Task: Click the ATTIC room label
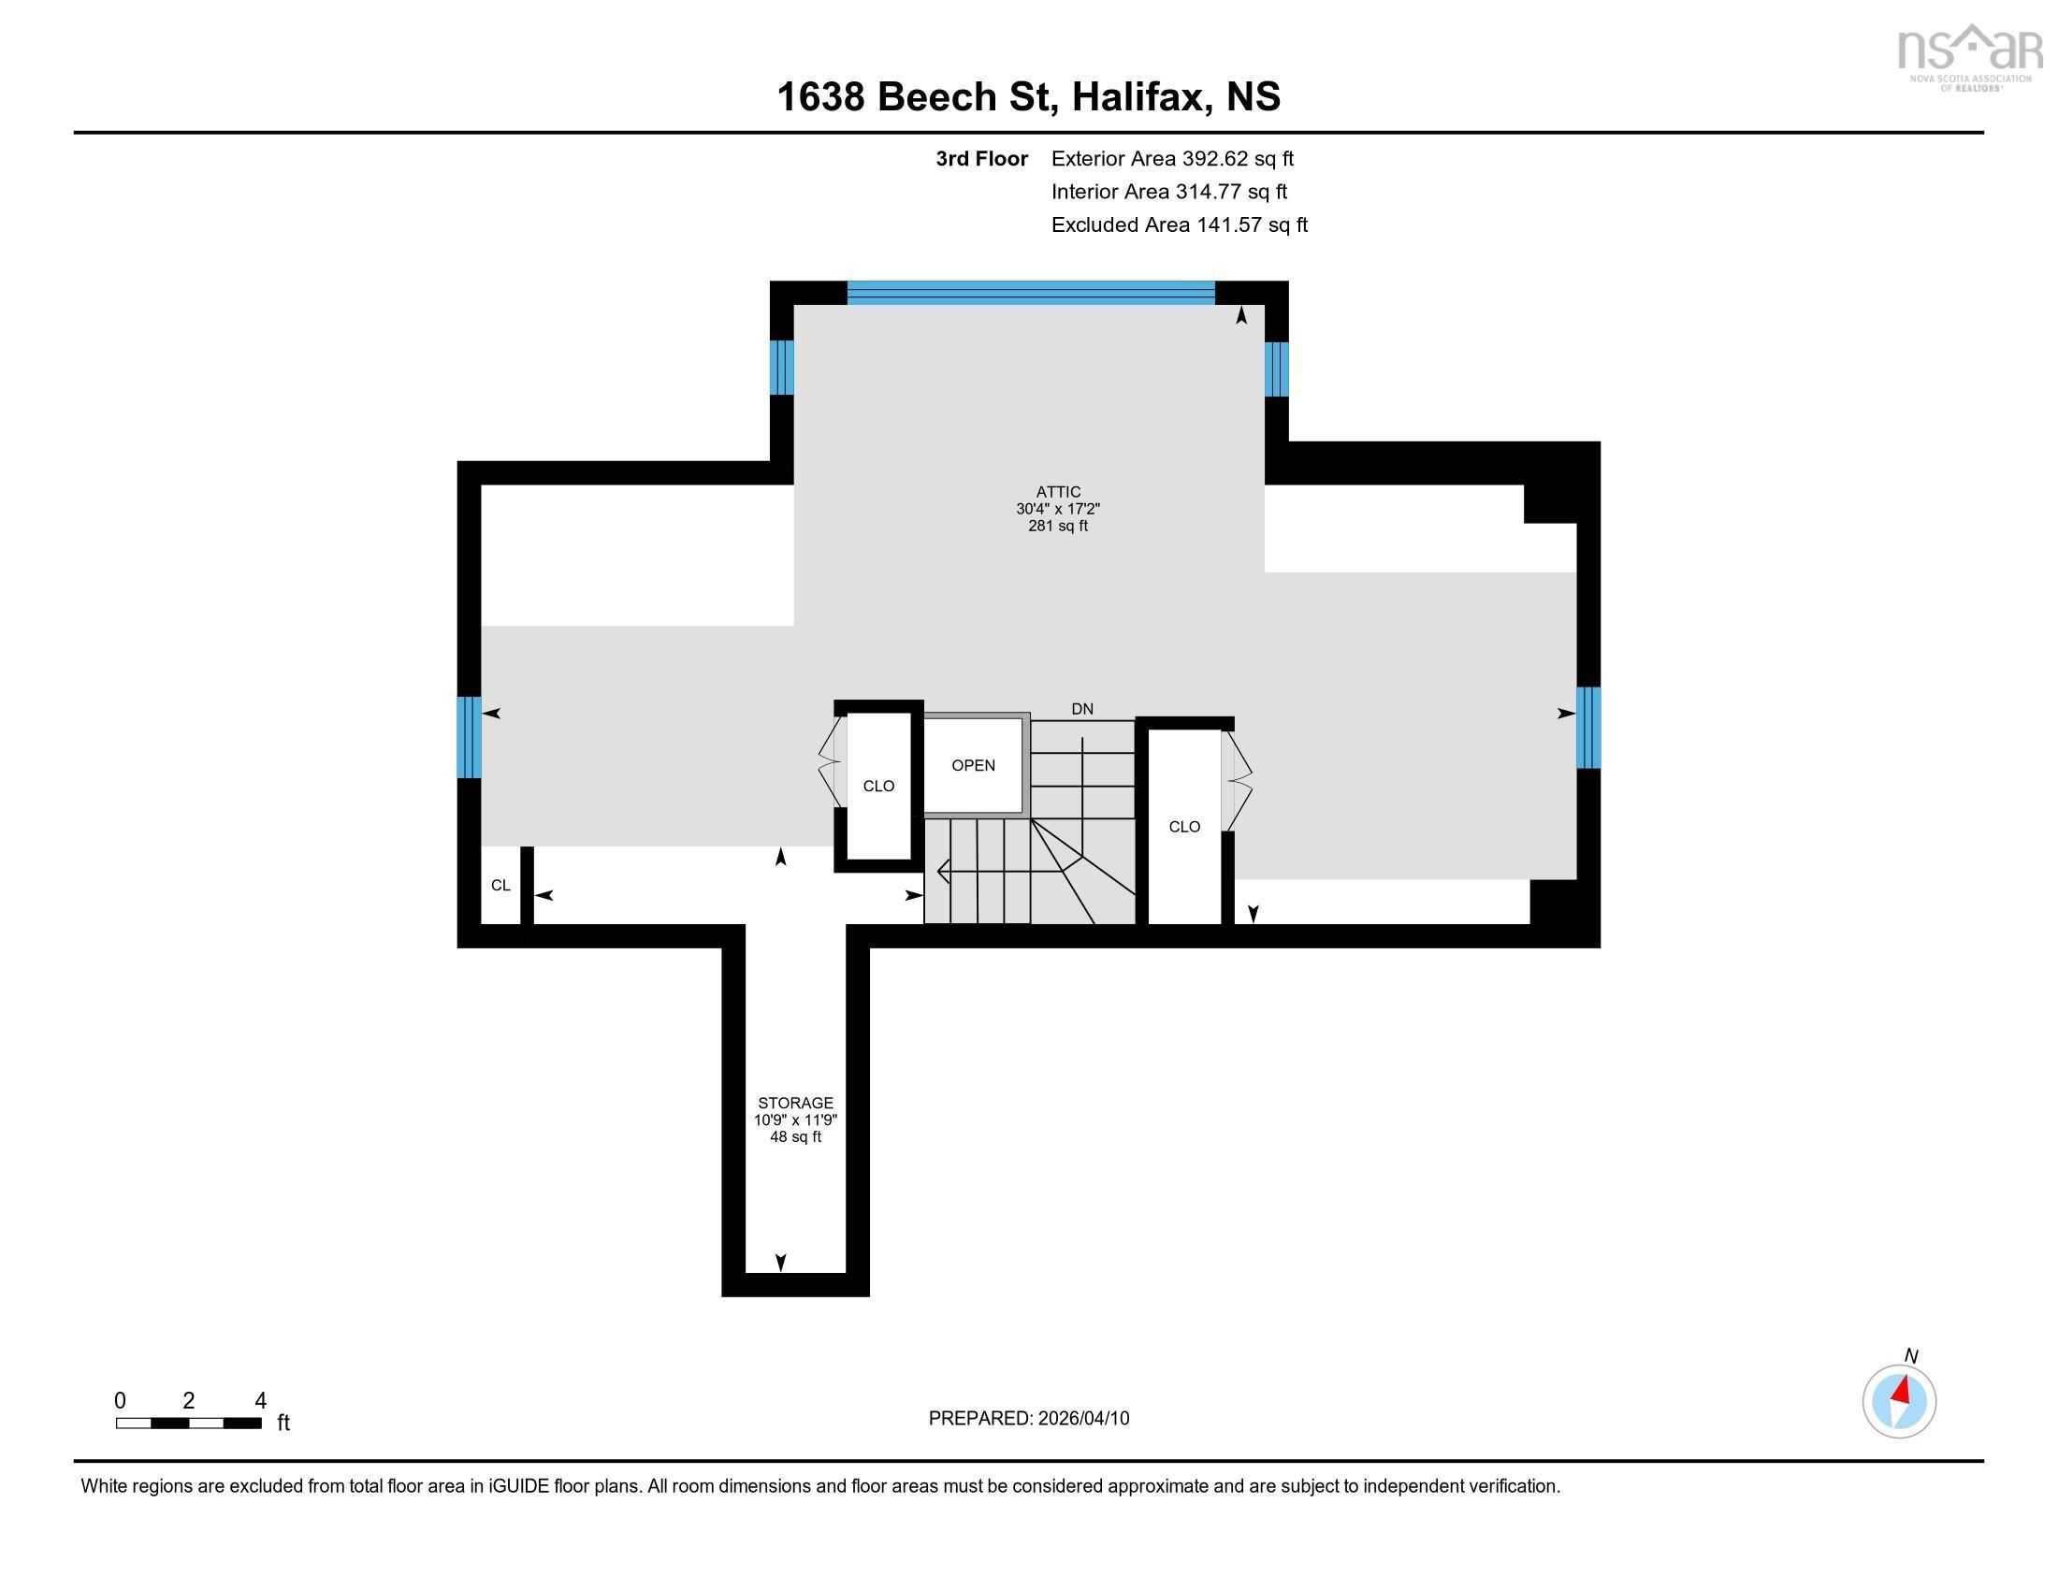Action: (1058, 492)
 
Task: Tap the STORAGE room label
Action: (795, 1103)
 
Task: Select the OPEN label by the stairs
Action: (974, 766)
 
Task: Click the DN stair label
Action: (1081, 709)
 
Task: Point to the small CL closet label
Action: (500, 886)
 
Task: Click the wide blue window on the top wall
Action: (1031, 292)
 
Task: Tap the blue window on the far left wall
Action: (469, 738)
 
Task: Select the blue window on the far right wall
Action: (1588, 727)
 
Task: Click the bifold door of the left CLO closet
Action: (830, 762)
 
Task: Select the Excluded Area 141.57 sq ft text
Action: (1180, 225)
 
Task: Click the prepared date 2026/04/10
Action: (1081, 1419)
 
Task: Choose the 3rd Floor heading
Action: (982, 158)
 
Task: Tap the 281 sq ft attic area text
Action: (1058, 526)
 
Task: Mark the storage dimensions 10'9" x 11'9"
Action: (795, 1120)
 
